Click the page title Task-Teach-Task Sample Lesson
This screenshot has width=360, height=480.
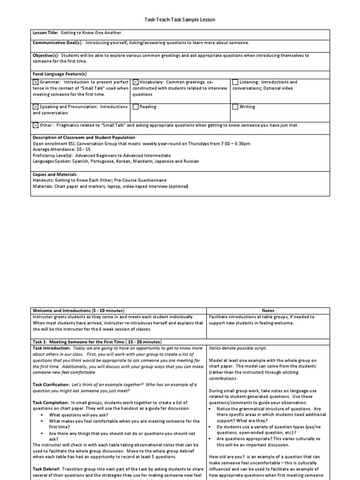point(180,20)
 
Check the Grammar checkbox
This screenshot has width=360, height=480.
point(36,82)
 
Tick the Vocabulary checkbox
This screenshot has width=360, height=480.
point(135,82)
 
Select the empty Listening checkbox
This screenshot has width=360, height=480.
point(235,82)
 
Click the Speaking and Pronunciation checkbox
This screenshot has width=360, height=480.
point(36,107)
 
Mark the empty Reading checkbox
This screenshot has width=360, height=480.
point(135,107)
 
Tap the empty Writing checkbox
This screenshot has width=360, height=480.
point(235,107)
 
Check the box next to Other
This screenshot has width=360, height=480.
point(36,126)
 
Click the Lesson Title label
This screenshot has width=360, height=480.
point(45,33)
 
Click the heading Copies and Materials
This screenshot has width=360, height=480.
point(54,174)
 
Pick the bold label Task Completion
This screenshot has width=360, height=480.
point(51,403)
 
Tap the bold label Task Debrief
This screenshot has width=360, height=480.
point(47,469)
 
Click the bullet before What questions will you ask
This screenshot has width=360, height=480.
point(42,415)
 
